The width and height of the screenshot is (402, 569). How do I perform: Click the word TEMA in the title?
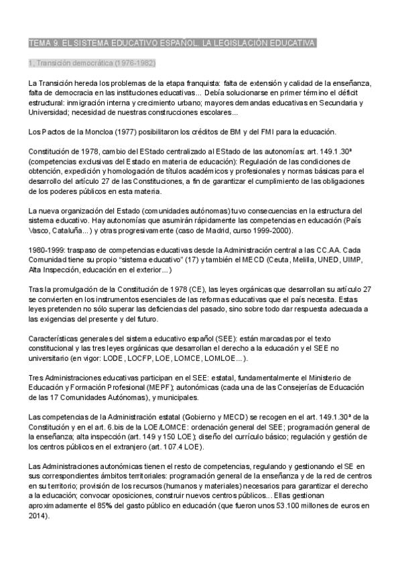point(40,44)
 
